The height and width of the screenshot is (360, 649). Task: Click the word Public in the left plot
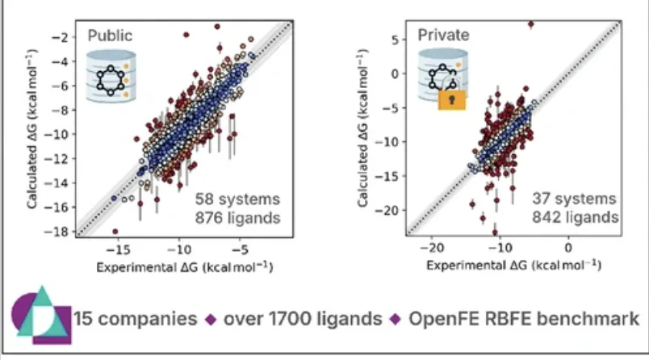pyautogui.click(x=110, y=36)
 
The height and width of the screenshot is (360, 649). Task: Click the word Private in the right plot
pyautogui.click(x=443, y=36)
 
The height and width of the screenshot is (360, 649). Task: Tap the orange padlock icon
pyautogui.click(x=452, y=99)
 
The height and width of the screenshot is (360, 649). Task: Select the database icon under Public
pyautogui.click(x=111, y=77)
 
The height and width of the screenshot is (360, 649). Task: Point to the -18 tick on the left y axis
pyautogui.click(x=60, y=232)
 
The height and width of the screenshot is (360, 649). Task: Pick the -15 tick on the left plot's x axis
pyautogui.click(x=118, y=250)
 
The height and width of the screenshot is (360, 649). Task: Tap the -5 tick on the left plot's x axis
pyautogui.click(x=240, y=250)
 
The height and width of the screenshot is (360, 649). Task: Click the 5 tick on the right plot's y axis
pyautogui.click(x=396, y=40)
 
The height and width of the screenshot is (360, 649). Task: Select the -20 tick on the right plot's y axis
pyautogui.click(x=388, y=211)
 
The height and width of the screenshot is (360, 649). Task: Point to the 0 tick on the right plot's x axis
pyautogui.click(x=568, y=249)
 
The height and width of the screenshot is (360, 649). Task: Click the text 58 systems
pyautogui.click(x=237, y=199)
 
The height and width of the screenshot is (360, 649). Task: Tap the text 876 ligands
pyautogui.click(x=237, y=218)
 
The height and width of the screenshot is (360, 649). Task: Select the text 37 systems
pyautogui.click(x=575, y=199)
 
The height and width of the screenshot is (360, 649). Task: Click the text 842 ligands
pyautogui.click(x=576, y=217)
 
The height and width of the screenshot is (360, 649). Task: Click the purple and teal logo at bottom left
pyautogui.click(x=41, y=316)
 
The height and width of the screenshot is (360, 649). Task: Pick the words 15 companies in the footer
pyautogui.click(x=136, y=319)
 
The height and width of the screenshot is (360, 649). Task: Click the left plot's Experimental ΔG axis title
pyautogui.click(x=185, y=267)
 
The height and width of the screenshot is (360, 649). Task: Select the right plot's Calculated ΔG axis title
pyautogui.click(x=362, y=128)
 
